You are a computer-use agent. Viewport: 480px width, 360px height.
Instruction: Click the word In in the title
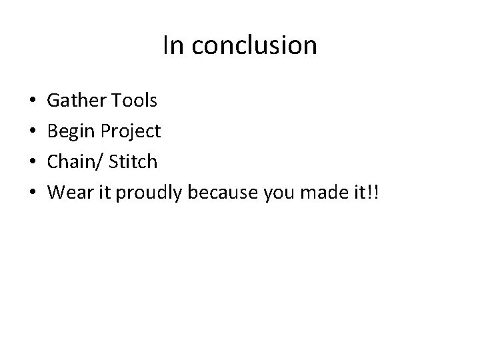click(x=172, y=46)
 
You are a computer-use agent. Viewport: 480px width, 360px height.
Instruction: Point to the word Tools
click(x=135, y=101)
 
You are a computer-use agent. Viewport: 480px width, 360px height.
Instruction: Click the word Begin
click(x=73, y=131)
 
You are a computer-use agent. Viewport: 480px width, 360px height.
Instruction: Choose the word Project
click(x=131, y=132)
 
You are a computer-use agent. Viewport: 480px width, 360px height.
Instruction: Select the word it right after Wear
click(x=104, y=192)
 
